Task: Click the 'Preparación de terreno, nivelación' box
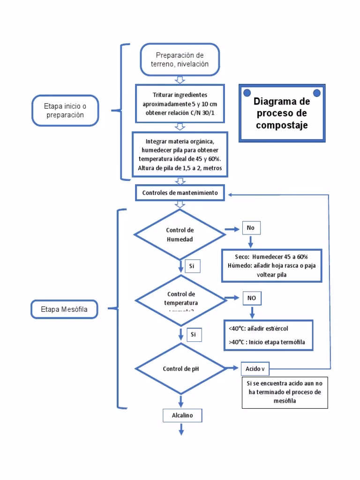(179, 60)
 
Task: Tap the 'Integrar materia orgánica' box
(180, 154)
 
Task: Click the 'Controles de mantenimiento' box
(180, 193)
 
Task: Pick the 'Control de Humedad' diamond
(180, 234)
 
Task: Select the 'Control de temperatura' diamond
(180, 300)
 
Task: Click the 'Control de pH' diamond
(180, 369)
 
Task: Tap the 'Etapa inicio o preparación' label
(65, 110)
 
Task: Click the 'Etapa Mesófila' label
(65, 309)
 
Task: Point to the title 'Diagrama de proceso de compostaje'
(282, 113)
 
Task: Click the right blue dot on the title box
(317, 92)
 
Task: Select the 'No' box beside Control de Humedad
(251, 228)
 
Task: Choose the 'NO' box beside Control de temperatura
(252, 298)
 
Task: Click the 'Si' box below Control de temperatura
(193, 335)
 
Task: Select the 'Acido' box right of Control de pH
(255, 369)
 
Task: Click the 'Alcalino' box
(178, 415)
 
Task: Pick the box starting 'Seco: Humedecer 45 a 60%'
(271, 266)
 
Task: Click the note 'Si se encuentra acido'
(284, 392)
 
